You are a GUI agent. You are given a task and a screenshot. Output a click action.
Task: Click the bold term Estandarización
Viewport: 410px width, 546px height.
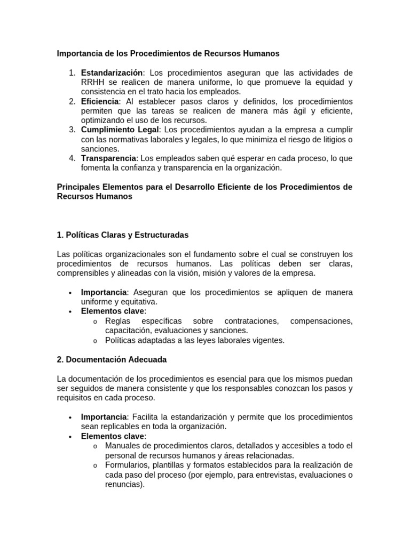[112, 73]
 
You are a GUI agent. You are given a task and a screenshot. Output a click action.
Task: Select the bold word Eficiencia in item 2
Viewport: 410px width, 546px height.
[100, 101]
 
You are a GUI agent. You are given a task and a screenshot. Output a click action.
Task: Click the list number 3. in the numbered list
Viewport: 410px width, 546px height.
[73, 130]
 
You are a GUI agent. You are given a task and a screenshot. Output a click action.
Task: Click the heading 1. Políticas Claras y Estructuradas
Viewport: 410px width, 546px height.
[122, 235]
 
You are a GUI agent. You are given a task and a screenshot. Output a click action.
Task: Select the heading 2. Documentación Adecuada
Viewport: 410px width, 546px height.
[112, 360]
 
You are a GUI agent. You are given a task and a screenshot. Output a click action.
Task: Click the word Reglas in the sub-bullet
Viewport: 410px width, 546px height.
[117, 321]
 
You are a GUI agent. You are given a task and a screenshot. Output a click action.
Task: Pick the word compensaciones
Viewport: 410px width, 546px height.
[321, 321]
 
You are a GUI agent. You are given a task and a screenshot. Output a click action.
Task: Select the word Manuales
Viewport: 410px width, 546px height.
[122, 446]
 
